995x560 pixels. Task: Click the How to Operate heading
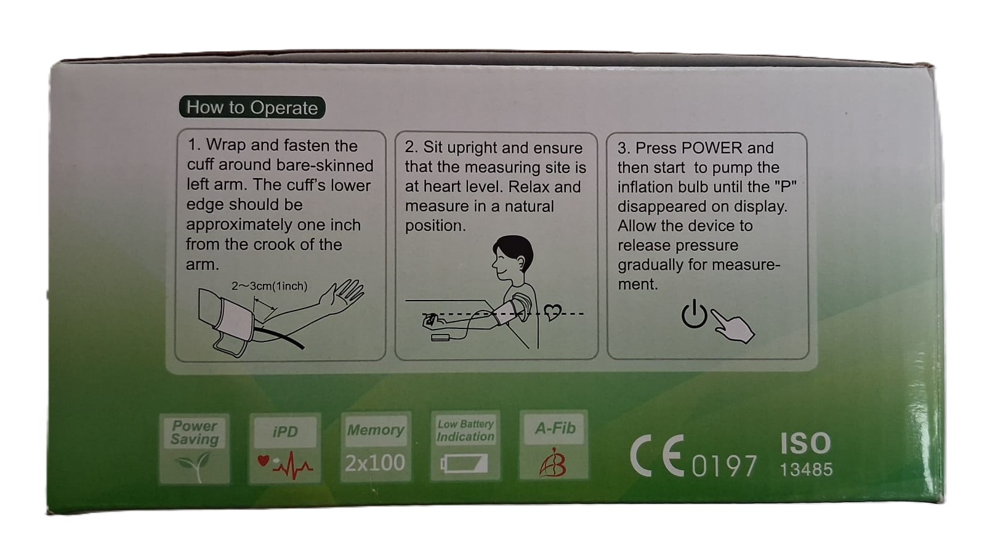[x=252, y=108]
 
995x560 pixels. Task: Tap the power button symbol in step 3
[x=694, y=314]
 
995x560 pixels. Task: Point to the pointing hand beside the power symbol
[x=733, y=327]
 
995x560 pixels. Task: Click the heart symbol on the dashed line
[x=552, y=312]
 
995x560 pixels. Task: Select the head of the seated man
[x=513, y=258]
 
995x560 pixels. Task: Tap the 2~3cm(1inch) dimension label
[x=269, y=286]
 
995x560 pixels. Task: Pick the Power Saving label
[x=195, y=432]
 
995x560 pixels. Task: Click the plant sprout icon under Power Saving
[x=194, y=465]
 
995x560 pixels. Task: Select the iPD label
[x=284, y=432]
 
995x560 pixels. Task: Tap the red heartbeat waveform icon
[x=286, y=465]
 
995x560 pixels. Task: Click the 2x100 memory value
[x=375, y=463]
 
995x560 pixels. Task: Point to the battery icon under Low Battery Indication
[x=464, y=463]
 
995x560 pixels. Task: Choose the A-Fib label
[x=555, y=428]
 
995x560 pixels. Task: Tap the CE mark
[x=657, y=455]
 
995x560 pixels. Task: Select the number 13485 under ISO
[x=806, y=469]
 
